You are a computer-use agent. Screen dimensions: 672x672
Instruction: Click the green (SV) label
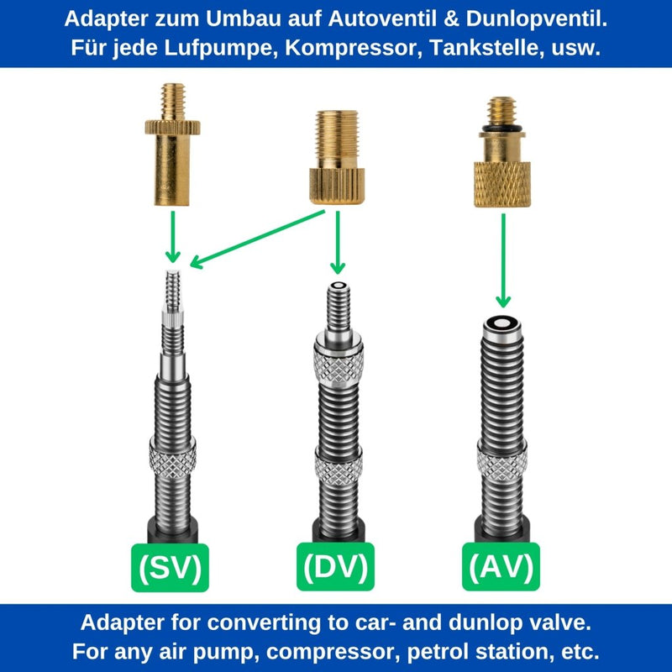pos(171,568)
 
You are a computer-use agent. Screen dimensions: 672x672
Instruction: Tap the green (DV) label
pos(335,566)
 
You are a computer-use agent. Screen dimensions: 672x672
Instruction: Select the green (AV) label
pos(501,566)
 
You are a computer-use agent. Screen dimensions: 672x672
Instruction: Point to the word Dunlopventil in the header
pos(537,18)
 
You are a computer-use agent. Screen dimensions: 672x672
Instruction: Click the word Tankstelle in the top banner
pos(486,48)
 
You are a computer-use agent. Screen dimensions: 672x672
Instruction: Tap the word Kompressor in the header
pos(350,48)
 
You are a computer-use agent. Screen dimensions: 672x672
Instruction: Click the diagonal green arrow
pos(258,239)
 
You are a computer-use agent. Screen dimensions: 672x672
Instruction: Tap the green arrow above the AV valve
pos(503,260)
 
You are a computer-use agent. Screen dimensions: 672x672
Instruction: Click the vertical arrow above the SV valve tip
pos(173,237)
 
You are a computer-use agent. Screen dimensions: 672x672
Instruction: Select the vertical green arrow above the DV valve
pos(338,242)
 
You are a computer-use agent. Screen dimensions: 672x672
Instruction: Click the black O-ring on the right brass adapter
pos(501,129)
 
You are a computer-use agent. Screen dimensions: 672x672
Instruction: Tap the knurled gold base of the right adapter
pos(502,184)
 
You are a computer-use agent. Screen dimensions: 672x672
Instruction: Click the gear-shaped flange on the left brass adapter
pos(173,128)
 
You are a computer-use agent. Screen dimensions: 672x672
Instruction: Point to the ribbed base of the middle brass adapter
pos(338,186)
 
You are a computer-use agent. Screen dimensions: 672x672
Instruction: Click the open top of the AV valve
pos(501,323)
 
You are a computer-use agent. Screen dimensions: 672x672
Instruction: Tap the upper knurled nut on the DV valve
pos(339,365)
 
